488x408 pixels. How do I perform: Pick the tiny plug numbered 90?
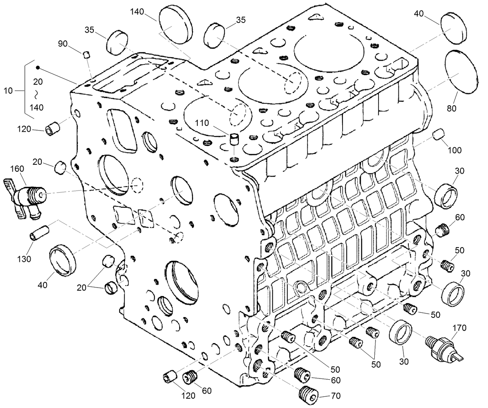coord(87,54)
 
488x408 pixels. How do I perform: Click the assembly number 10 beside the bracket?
coord(8,91)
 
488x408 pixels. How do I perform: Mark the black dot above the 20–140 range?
coord(38,68)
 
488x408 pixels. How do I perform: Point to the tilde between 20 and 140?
coord(38,94)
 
